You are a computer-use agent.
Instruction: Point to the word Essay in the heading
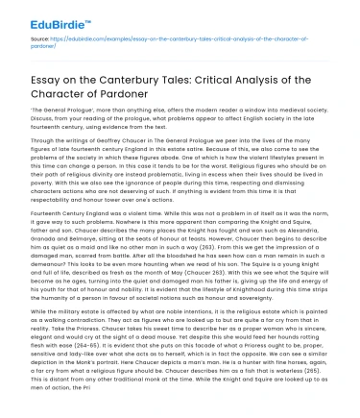point(33,68)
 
